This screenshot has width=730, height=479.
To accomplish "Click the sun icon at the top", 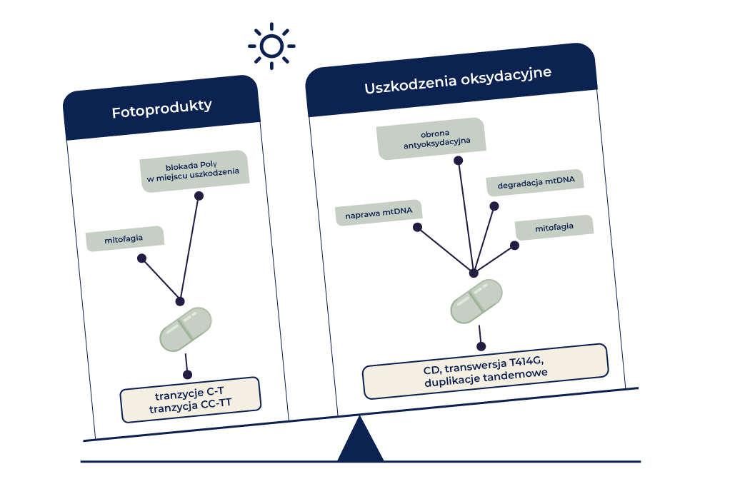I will click(271, 46).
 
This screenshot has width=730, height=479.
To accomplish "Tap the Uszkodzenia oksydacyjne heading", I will click(458, 81).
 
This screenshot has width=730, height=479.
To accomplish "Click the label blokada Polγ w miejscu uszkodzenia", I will click(194, 172).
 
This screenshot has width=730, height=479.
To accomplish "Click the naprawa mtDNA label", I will click(379, 212).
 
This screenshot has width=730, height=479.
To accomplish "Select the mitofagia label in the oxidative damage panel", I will click(554, 227).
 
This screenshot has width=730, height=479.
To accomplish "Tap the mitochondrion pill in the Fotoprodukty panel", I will click(186, 329).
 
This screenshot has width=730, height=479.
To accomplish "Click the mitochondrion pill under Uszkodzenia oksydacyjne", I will click(476, 301).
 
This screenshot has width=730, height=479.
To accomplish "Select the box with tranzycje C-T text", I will click(189, 400).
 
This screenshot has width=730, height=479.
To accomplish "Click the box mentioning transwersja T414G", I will click(486, 370).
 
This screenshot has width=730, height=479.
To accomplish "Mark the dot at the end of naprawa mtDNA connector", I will click(417, 227).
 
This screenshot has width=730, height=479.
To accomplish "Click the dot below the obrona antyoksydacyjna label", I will click(459, 160).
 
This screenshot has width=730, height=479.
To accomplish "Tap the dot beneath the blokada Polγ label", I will click(199, 196).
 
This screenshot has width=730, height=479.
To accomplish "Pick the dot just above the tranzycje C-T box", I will click(187, 374).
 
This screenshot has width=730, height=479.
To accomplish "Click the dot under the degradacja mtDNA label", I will click(494, 206).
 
